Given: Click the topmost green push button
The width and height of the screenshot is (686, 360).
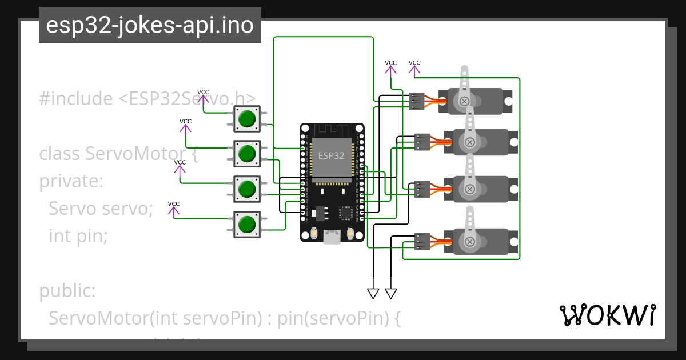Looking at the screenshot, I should [247, 118].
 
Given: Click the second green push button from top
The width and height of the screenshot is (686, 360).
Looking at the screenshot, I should [247, 153].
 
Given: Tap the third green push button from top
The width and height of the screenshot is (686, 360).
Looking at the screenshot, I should [247, 189].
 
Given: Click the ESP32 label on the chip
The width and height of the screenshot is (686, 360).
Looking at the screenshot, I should [332, 155].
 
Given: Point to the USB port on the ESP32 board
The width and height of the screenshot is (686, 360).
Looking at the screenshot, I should [332, 237].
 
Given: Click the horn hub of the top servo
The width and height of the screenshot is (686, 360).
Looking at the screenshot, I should [465, 101].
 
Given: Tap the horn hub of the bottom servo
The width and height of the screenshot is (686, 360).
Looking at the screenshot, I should [470, 242].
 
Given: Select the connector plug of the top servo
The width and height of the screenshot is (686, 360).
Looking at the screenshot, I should [417, 101].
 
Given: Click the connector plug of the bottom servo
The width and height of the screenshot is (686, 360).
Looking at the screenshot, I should [422, 242].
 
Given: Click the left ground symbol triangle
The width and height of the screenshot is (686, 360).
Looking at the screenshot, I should [373, 294].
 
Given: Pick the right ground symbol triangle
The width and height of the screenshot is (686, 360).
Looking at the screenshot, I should [391, 294].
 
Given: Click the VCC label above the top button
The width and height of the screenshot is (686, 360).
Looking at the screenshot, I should [203, 92].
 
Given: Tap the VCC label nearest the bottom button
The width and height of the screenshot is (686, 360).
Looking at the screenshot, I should [174, 204].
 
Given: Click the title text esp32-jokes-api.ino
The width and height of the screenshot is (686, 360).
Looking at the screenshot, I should [150, 26].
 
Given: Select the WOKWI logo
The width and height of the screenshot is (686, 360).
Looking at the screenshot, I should [608, 315].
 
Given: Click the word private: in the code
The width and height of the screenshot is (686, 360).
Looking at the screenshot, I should [71, 182].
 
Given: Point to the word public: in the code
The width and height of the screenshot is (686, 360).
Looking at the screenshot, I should [67, 291].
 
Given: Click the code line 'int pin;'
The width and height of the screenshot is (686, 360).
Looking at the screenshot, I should [78, 235].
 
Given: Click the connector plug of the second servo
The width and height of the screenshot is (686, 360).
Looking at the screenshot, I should [422, 142].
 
